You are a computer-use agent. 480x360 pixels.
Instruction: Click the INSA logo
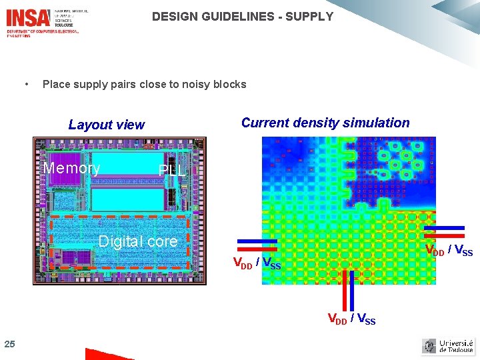pos(28,17)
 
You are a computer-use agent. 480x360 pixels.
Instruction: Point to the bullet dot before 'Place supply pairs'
pos(25,84)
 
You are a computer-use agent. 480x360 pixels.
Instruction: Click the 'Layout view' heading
pos(107,125)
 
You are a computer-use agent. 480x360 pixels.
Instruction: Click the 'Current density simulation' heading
pos(325,123)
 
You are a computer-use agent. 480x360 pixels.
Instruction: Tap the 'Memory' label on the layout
pos(71,168)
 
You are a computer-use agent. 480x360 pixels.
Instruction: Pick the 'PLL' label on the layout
pos(172,171)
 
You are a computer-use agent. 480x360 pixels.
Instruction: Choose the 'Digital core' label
pos(138,241)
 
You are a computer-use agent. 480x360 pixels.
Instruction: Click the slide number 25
pos(9,344)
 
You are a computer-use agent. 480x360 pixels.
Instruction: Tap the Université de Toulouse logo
pos(447,346)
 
